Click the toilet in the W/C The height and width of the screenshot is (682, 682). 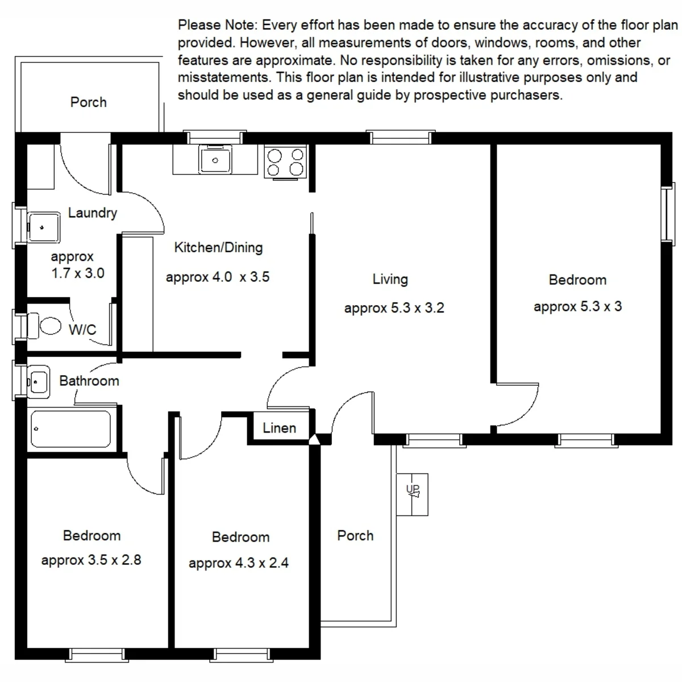click(44, 325)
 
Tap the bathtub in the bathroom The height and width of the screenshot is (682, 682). click(71, 429)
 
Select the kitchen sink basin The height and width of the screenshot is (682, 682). click(215, 160)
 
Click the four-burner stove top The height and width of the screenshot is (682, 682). click(285, 162)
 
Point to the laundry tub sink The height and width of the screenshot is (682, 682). click(44, 227)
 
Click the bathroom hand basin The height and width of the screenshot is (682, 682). click(38, 382)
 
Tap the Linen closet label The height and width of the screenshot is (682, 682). click(279, 428)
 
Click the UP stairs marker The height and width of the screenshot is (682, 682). click(413, 490)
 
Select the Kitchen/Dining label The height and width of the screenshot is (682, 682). click(218, 248)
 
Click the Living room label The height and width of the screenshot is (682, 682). click(390, 279)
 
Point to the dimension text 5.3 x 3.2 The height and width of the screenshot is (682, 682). click(417, 308)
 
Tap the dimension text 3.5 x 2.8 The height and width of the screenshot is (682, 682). click(114, 560)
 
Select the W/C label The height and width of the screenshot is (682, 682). click(82, 330)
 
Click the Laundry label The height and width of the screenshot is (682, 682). click(93, 213)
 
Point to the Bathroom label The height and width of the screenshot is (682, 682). click(89, 381)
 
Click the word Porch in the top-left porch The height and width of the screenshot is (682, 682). click(89, 102)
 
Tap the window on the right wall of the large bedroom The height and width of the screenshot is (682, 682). click(668, 214)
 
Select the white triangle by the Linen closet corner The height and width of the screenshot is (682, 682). click(314, 440)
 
